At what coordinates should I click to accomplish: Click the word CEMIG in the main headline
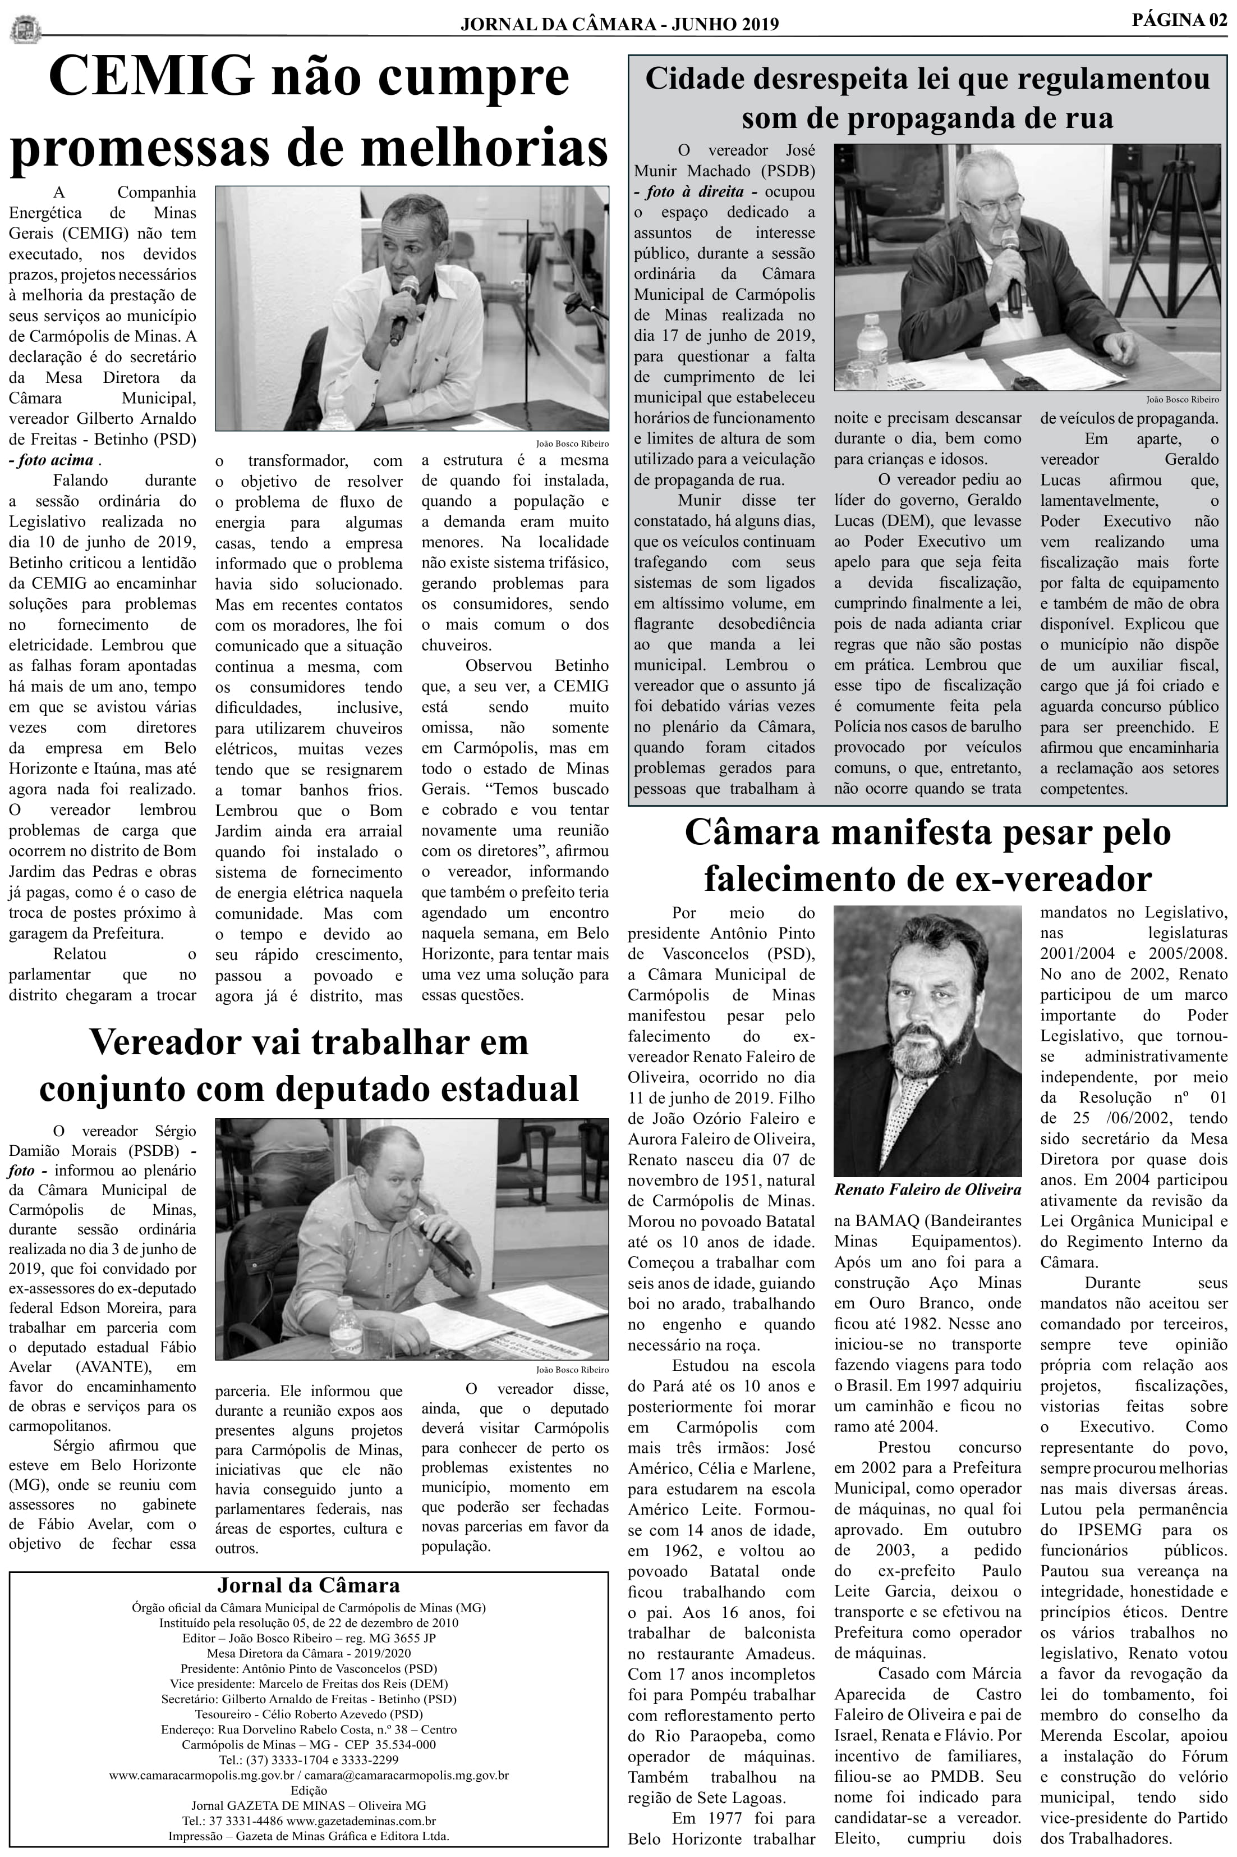pos(151,78)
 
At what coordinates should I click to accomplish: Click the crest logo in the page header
pos(25,30)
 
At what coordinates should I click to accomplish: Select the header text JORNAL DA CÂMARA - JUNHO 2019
pos(619,25)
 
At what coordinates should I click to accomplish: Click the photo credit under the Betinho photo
pos(572,443)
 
